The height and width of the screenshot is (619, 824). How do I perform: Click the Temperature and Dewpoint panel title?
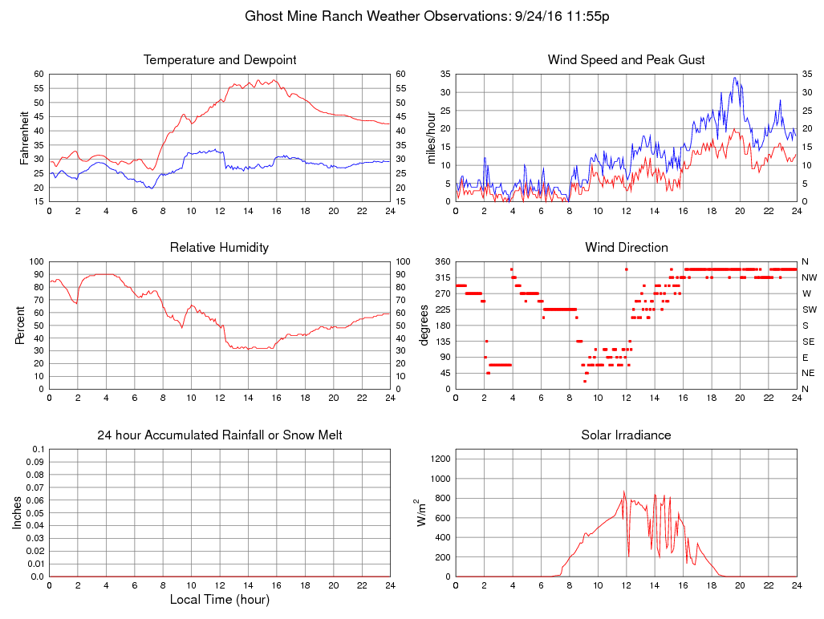220,60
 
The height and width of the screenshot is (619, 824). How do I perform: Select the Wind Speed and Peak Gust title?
626,60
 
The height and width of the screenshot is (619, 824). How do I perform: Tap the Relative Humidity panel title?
219,248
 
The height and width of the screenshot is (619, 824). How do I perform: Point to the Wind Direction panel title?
626,248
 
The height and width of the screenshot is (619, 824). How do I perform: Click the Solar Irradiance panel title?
626,435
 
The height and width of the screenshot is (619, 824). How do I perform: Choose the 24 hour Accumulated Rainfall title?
220,435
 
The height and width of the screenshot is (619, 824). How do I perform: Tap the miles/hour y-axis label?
431,137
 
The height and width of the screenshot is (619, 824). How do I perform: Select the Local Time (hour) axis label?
220,600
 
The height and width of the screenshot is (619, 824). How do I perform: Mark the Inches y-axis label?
17,512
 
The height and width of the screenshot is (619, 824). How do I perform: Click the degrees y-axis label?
424,325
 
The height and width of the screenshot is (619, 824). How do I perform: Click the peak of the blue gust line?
735,78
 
